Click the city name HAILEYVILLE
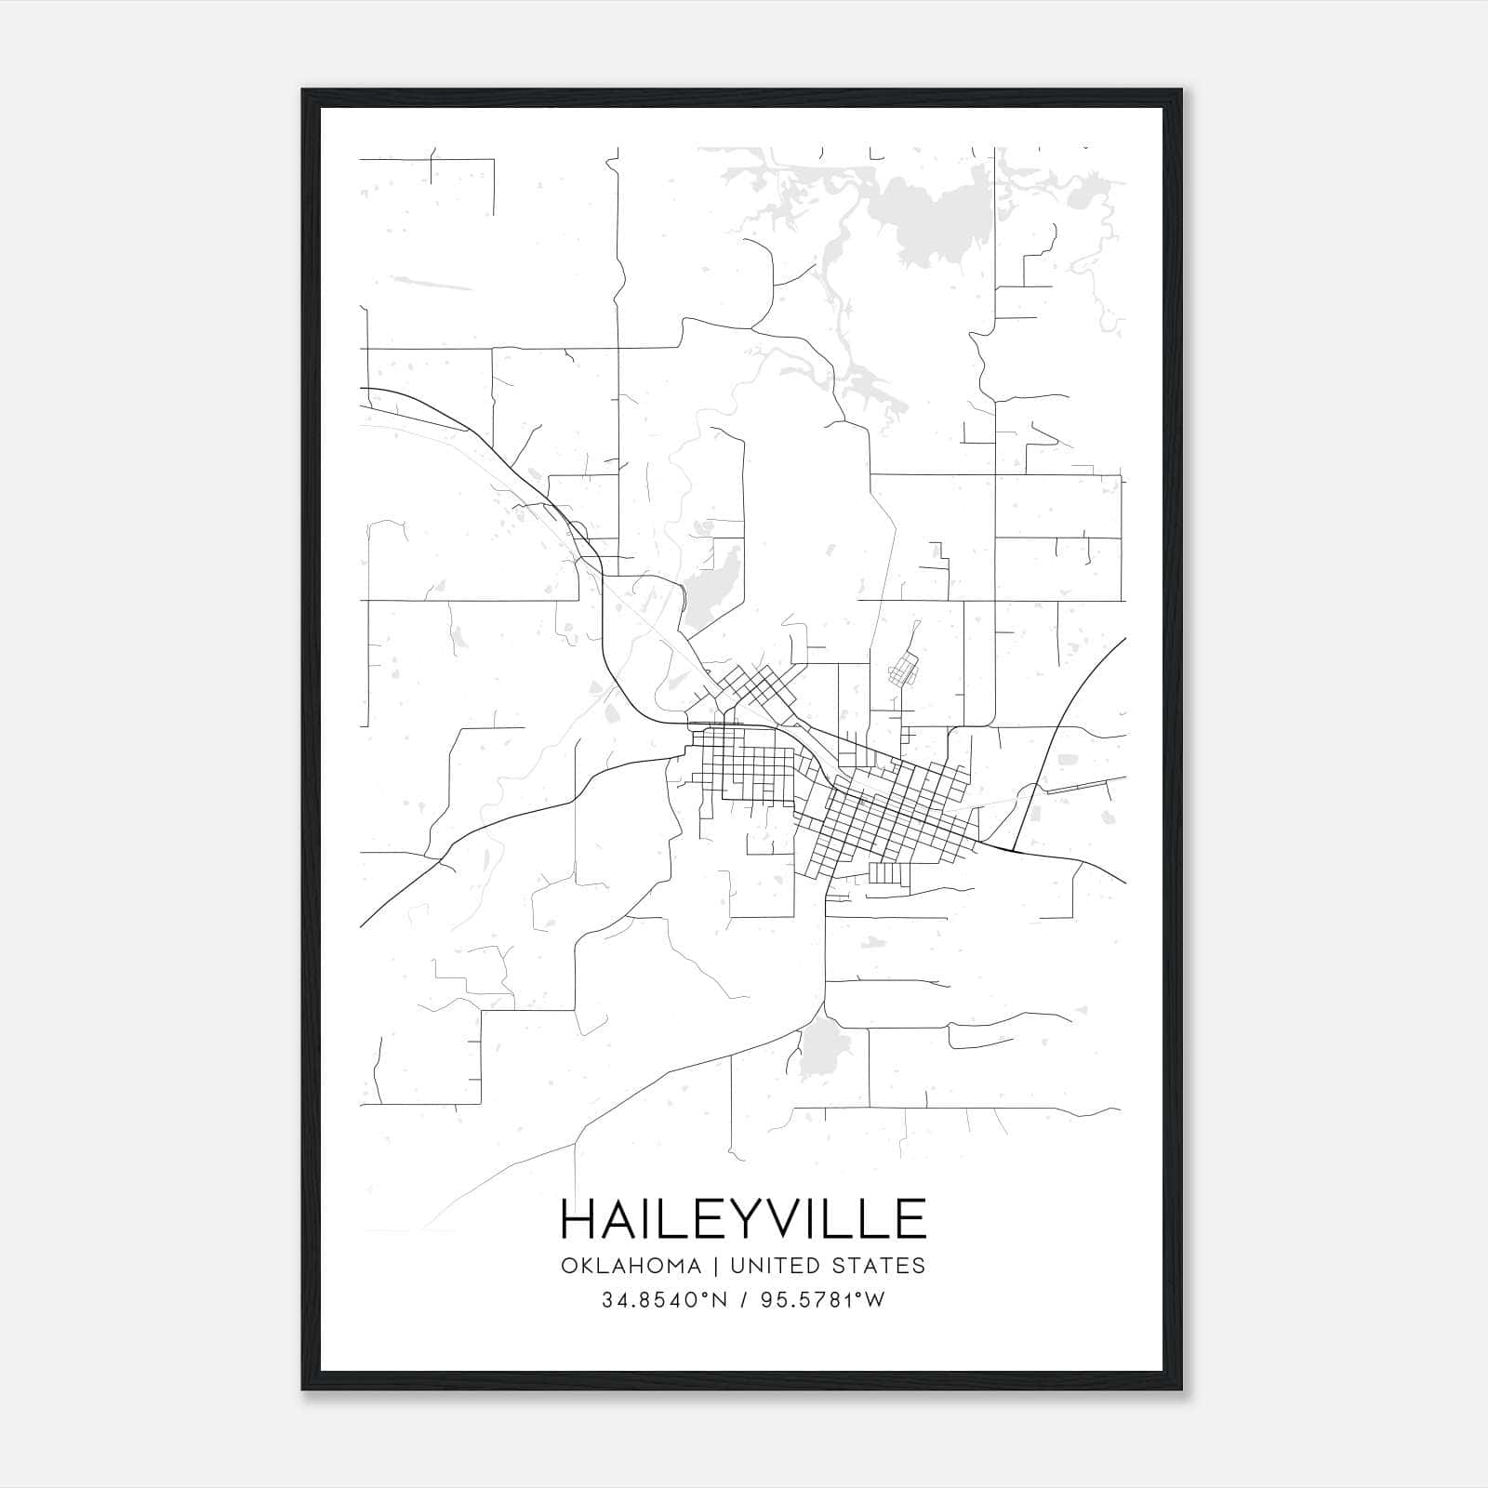[743, 1218]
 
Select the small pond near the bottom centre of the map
[821, 1051]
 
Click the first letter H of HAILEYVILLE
[578, 1218]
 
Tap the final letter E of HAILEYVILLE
[911, 1218]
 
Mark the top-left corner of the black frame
[303, 90]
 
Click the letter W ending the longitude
[875, 1300]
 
